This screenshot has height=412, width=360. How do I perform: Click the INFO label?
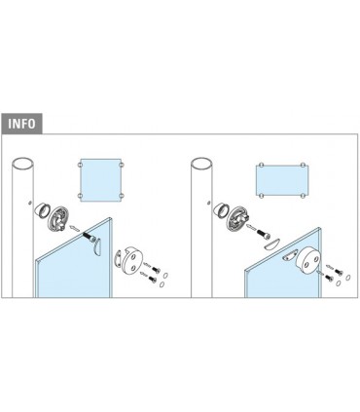coord(22,124)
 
